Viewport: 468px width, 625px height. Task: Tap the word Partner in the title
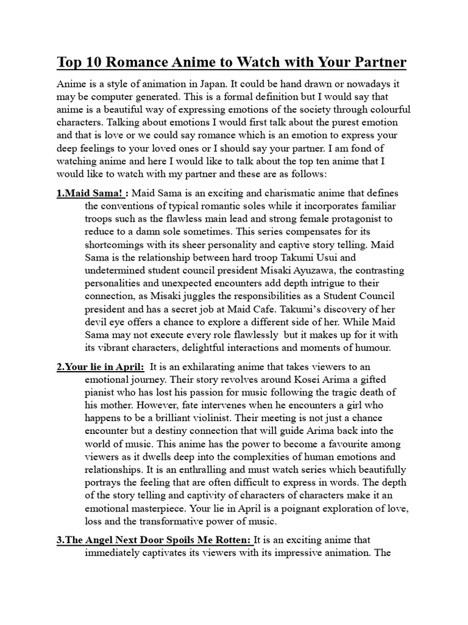tap(376, 63)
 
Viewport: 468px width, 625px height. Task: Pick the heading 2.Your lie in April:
tap(101, 367)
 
